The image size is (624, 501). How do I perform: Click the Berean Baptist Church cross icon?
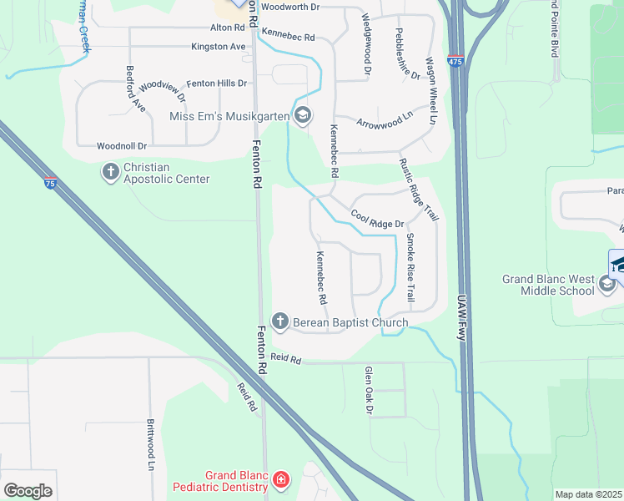280,321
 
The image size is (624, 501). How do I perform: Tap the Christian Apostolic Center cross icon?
110,172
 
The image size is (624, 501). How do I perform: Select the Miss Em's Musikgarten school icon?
303,115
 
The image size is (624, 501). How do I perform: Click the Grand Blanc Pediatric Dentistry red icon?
281,479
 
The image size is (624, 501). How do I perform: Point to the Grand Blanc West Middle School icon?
607,285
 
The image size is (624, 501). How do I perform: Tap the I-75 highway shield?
50,183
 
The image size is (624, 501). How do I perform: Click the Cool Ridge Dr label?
377,220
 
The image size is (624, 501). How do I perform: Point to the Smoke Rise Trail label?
410,267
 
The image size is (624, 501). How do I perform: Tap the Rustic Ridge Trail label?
419,190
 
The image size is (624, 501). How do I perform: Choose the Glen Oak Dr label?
368,391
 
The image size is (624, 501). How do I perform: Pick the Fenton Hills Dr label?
217,83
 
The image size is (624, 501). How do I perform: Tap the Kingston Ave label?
219,47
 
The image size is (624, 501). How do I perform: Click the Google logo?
27,491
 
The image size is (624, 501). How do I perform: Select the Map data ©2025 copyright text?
588,494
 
